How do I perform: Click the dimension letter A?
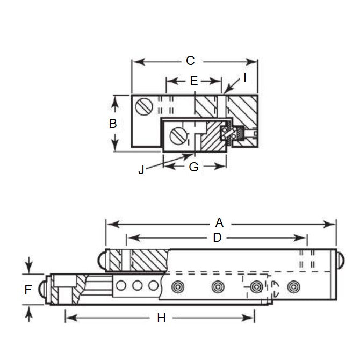coord(219,222)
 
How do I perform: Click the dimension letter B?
coord(113,123)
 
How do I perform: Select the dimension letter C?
coord(190,61)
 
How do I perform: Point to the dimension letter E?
coord(194,82)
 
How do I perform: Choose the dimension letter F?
coord(28,290)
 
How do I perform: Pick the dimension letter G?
coord(194,167)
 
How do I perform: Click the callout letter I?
coord(244,77)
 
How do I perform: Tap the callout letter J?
coord(141,170)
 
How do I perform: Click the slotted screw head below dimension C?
coord(143,106)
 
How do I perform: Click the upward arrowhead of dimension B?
coord(114,100)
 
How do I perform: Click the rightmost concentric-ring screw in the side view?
coord(293,287)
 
